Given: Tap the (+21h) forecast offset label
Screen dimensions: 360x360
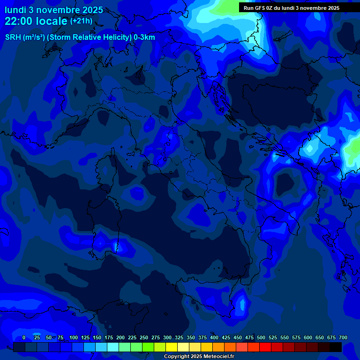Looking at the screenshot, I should tap(81, 21).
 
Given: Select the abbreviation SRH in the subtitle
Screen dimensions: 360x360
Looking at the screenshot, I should tap(13, 37).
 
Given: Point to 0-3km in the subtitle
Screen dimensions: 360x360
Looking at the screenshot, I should tap(144, 37).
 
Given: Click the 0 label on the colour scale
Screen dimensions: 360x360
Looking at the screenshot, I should tap(24, 337).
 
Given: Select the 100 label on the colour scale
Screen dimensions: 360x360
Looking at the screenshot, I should tap(74, 337).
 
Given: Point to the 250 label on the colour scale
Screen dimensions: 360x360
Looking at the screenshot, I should tap(144, 337).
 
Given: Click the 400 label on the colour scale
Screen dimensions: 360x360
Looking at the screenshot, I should tap(214, 337).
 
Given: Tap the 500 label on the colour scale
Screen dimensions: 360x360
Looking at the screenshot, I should tap(261, 337).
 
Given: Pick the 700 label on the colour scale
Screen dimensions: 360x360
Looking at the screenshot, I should tap(343, 337).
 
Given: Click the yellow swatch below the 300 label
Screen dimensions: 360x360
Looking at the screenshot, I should tap(172, 347).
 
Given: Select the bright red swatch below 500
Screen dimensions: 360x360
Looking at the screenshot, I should tap(265, 347).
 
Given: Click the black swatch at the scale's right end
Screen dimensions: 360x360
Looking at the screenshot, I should tap(336, 347).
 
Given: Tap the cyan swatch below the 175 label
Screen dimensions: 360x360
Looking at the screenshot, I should tap(113, 347).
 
